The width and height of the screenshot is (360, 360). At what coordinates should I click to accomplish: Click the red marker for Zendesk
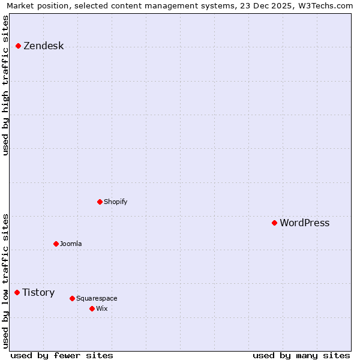pos(19,46)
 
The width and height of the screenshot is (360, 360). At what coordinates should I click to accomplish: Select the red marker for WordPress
pos(275,223)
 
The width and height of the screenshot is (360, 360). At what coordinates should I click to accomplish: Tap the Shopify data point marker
pos(100,202)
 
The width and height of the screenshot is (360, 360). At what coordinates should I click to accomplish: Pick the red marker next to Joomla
pos(56,244)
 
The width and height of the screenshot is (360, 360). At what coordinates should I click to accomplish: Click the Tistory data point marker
pos(17,293)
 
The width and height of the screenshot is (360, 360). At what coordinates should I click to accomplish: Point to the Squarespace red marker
pos(73,299)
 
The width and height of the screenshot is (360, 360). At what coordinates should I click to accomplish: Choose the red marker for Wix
pos(92,309)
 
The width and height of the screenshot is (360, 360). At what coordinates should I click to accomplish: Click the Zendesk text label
pos(44,46)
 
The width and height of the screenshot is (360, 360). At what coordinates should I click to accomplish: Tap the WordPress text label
pos(305,223)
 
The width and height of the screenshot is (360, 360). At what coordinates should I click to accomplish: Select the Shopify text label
pos(116,202)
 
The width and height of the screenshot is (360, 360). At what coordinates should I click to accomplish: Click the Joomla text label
pos(71,244)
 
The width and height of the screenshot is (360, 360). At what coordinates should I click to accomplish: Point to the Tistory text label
pos(39,293)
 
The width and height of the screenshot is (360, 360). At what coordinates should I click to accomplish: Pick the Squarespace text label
pos(97,299)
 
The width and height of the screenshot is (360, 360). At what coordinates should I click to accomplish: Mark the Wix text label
pos(102,309)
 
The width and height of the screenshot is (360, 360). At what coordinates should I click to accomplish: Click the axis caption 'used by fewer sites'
pos(62,356)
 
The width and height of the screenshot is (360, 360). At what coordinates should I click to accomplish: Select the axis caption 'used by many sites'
pos(301,356)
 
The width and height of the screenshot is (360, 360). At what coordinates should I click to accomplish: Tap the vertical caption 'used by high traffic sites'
pos(6,85)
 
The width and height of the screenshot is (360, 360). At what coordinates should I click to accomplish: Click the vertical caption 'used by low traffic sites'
pos(6,281)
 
